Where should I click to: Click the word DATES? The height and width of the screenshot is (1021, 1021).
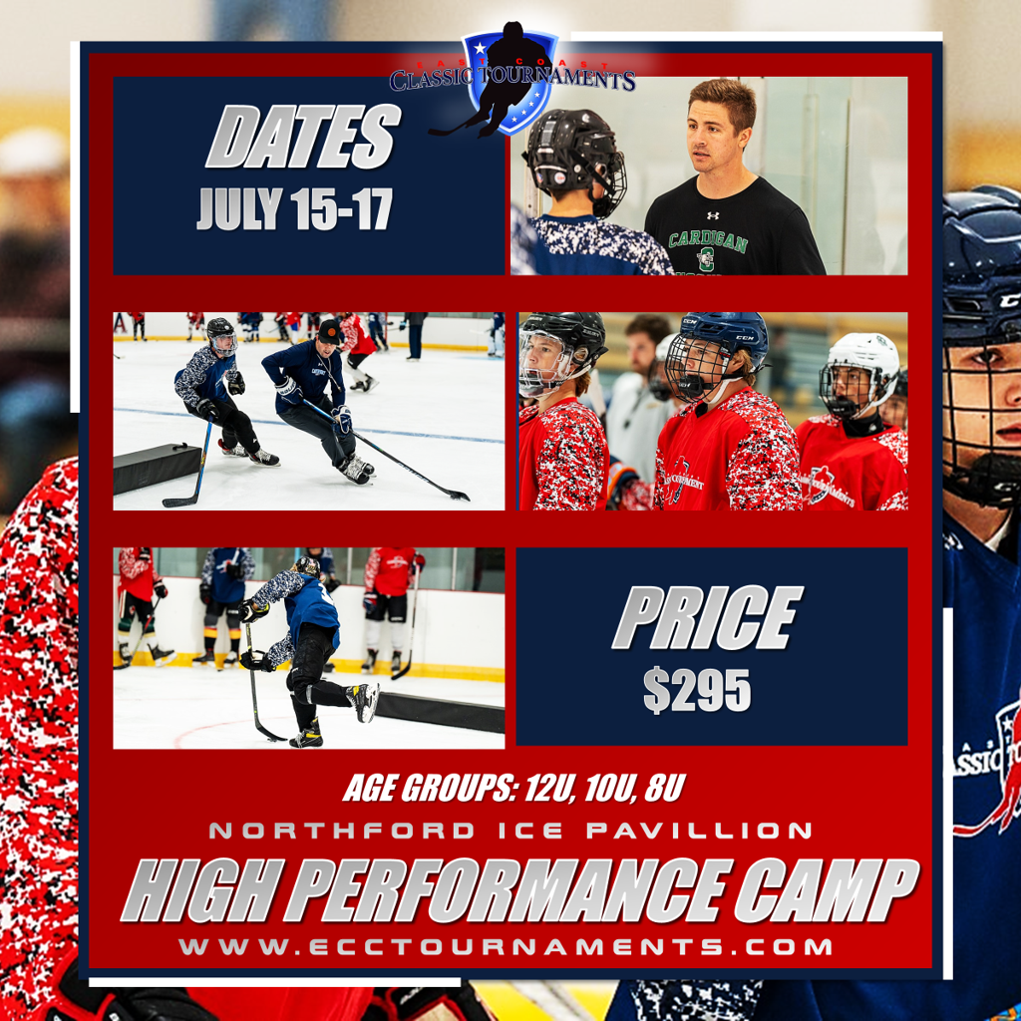click(x=303, y=137)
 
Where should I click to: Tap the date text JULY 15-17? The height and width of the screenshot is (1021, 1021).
click(x=295, y=208)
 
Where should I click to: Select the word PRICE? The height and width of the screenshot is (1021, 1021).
click(x=708, y=617)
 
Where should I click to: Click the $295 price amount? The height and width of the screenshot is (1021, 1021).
click(x=697, y=690)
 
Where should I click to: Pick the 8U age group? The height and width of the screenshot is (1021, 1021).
click(x=664, y=788)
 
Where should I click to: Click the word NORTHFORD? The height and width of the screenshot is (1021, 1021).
click(x=342, y=831)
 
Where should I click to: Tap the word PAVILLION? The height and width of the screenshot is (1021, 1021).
click(x=699, y=831)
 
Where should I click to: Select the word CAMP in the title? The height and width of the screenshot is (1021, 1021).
click(x=827, y=890)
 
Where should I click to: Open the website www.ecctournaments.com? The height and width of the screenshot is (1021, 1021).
click(x=506, y=947)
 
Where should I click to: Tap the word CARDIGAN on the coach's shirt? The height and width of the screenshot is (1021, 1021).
click(x=708, y=242)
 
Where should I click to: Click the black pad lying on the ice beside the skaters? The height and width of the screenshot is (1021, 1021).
click(x=157, y=468)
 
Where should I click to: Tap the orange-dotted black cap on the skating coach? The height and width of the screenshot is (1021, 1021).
click(x=329, y=331)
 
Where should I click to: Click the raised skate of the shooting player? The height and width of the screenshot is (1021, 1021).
click(x=363, y=702)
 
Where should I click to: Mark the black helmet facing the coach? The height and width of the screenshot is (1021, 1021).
click(x=575, y=159)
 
